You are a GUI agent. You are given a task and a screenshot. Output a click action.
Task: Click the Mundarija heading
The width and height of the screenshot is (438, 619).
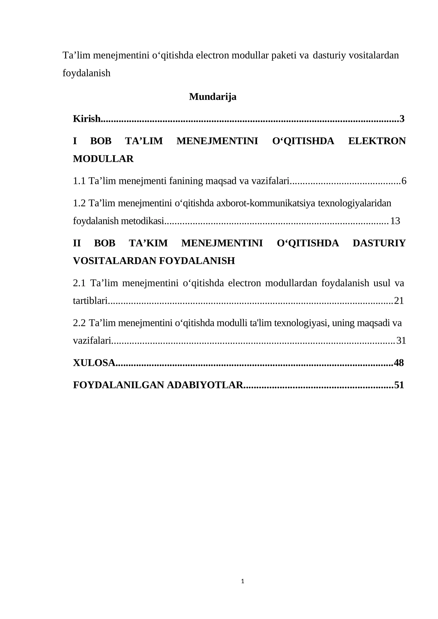pos(212,97)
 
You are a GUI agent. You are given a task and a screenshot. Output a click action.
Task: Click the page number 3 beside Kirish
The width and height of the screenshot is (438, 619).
pos(402,119)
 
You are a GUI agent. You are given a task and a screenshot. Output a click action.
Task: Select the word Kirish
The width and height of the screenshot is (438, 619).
pos(87,119)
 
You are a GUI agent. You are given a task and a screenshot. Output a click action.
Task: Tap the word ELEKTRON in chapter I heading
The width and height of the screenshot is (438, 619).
pos(377,141)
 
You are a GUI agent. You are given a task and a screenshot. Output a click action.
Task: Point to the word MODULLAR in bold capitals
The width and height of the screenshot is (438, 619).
pos(103,159)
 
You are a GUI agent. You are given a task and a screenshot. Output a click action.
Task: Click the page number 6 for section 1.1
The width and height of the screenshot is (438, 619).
pos(404,181)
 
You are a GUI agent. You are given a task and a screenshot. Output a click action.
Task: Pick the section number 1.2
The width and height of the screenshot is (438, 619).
pos(79,203)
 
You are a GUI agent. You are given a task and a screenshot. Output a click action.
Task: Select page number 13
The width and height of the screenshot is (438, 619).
pos(395,221)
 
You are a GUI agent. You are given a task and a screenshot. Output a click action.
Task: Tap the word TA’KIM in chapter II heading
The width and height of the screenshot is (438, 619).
pos(148,243)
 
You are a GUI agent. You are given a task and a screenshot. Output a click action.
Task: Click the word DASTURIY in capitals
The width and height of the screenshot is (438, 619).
pos(379,243)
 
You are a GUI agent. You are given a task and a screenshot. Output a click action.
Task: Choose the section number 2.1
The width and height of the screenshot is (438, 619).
pos(79,283)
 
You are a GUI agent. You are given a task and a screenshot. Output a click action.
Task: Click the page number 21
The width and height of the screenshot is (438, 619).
pos(399,301)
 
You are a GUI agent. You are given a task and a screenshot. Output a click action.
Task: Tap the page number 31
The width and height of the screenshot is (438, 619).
pos(401,341)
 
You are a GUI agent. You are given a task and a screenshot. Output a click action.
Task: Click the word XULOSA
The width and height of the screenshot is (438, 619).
pos(94,363)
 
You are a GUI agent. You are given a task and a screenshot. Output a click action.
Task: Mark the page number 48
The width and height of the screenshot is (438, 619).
pos(399,363)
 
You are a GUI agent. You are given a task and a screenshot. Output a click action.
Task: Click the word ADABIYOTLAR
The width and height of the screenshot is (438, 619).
pos(205,385)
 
